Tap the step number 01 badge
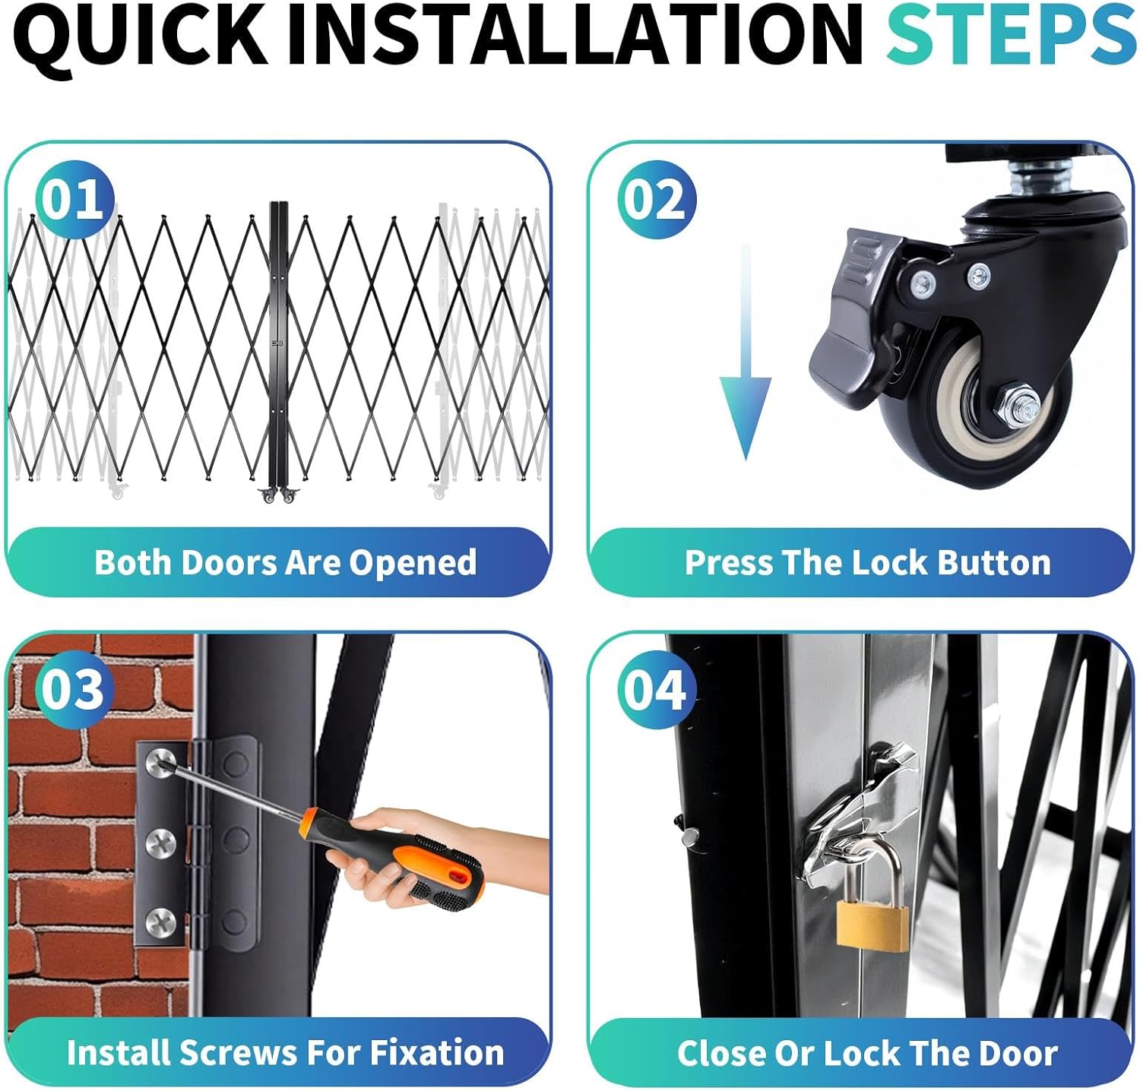pyautogui.click(x=73, y=200)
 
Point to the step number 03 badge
pyautogui.click(x=73, y=689)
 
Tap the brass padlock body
pyautogui.click(x=872, y=922)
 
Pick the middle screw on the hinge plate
pyautogui.click(x=161, y=841)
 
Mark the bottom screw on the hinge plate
pyautogui.click(x=161, y=922)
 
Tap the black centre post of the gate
pyautogui.click(x=280, y=346)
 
